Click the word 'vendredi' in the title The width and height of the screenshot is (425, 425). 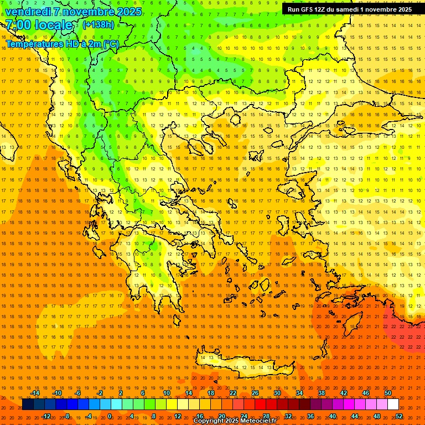click(x=28, y=12)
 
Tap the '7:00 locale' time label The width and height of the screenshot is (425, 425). click(x=39, y=25)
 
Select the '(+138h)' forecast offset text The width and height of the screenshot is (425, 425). click(x=98, y=25)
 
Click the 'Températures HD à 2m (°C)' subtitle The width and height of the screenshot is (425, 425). click(x=63, y=44)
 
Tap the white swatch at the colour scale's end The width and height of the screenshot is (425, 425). click(x=393, y=405)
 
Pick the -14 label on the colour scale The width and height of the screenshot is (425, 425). click(x=35, y=393)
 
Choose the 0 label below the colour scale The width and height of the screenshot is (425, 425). click(x=110, y=416)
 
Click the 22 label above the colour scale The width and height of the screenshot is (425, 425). click(x=232, y=393)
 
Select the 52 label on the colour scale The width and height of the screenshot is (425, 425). click(x=399, y=416)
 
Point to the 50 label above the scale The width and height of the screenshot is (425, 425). click(x=388, y=393)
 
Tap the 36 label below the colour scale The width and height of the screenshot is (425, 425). click(x=310, y=416)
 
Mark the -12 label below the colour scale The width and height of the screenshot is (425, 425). click(x=46, y=416)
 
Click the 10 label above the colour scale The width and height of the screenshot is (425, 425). click(x=166, y=393)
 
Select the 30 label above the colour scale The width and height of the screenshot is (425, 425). click(x=277, y=393)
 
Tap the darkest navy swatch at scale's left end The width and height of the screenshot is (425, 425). click(x=28, y=405)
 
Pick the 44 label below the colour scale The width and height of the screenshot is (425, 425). click(x=355, y=416)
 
